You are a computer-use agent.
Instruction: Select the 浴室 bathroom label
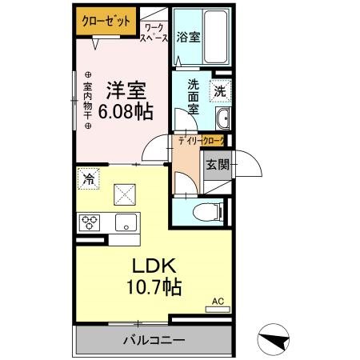click(x=187, y=36)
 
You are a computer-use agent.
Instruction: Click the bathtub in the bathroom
click(x=214, y=36)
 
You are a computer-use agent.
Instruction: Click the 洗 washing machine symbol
click(x=220, y=90)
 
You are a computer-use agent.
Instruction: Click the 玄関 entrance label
click(x=218, y=166)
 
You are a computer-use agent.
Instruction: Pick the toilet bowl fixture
click(x=210, y=211)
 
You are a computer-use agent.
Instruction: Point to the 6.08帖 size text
click(x=125, y=112)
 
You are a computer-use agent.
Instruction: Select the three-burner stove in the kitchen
click(x=88, y=222)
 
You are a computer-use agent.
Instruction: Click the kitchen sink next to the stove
click(x=125, y=222)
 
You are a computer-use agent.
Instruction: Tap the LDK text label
click(x=153, y=266)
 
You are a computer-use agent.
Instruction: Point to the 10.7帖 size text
click(x=154, y=286)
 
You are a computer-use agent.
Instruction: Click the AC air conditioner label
click(x=217, y=302)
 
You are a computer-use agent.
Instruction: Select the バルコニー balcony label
click(x=154, y=339)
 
